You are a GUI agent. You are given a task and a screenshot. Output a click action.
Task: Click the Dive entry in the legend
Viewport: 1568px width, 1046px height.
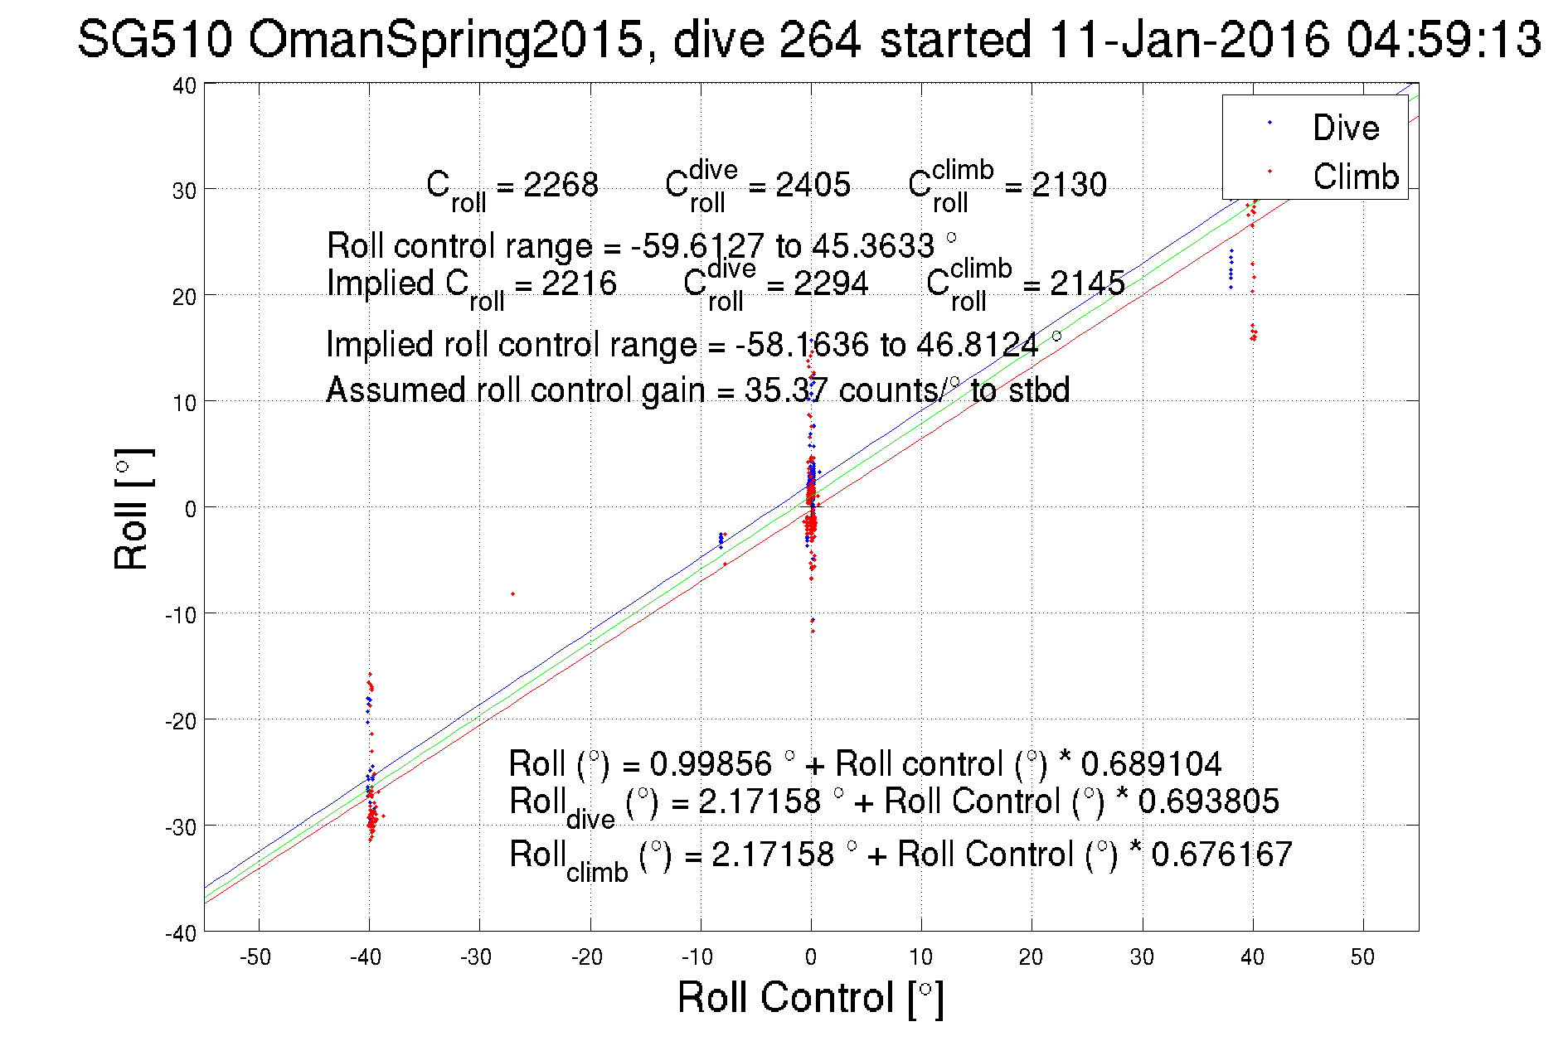pos(1345,128)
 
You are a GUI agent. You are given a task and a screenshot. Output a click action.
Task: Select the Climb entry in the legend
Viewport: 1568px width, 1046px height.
pos(1355,177)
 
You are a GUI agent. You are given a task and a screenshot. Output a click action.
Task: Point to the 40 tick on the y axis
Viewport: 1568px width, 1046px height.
pos(184,86)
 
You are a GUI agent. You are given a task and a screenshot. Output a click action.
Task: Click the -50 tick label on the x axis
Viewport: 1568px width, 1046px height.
pos(255,957)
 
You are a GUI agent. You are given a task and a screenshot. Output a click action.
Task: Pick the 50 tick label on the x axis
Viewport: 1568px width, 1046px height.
pos(1362,957)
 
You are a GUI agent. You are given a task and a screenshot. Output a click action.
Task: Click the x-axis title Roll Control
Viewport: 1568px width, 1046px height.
pos(810,997)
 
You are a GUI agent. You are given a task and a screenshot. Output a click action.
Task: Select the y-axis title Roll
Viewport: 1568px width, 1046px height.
pos(132,509)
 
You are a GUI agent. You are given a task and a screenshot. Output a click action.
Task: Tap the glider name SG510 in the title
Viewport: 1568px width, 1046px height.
pos(154,39)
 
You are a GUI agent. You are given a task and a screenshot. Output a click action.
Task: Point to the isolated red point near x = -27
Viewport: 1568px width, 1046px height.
pos(512,593)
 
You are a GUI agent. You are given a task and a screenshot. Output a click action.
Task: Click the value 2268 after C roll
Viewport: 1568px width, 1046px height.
pos(561,184)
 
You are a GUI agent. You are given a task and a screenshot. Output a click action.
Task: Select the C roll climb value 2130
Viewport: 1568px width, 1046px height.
pos(1069,184)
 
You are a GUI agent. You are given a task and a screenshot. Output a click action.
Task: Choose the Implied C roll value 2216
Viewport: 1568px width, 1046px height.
pos(579,283)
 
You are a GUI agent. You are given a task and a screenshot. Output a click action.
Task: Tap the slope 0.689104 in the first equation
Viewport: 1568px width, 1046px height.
pos(1151,763)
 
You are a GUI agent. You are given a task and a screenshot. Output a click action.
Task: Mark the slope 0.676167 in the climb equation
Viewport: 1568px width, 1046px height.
pos(1221,854)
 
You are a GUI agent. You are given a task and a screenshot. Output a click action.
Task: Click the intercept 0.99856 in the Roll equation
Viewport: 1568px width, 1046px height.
pos(711,763)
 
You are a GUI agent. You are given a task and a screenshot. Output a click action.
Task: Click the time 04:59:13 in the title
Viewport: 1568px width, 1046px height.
pos(1444,39)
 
